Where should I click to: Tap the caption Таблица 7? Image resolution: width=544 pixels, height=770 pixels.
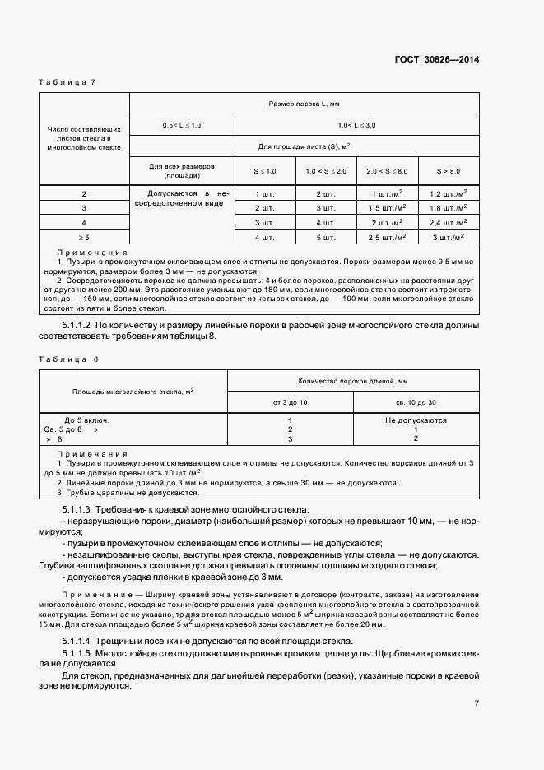[x=68, y=82]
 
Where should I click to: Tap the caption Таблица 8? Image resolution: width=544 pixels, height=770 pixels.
[x=68, y=359]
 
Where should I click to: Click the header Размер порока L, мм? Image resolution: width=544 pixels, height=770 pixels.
[x=305, y=104]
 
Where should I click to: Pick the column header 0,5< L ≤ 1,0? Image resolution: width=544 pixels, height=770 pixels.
[x=182, y=125]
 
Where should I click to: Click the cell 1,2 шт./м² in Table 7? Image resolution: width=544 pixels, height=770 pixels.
[x=449, y=193]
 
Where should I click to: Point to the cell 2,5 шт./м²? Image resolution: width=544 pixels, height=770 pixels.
[x=387, y=238]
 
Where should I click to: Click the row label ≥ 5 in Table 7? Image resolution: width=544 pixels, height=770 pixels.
[x=84, y=238]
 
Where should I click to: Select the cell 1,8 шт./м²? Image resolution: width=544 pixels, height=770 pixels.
[x=449, y=208]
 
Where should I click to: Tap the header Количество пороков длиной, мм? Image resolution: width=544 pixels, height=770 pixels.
[x=353, y=381]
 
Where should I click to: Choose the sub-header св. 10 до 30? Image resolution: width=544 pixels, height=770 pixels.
[x=416, y=402]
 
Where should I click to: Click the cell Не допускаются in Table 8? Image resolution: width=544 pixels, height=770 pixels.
[x=416, y=420]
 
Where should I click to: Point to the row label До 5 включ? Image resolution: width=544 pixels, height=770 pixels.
[x=86, y=420]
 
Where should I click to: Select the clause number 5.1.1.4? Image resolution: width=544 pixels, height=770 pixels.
[x=79, y=641]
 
